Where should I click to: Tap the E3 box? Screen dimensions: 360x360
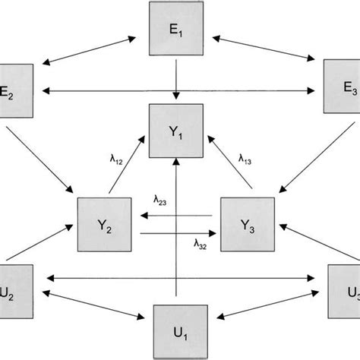pyautogui.click(x=342, y=89)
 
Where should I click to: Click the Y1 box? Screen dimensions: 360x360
pyautogui.click(x=176, y=131)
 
